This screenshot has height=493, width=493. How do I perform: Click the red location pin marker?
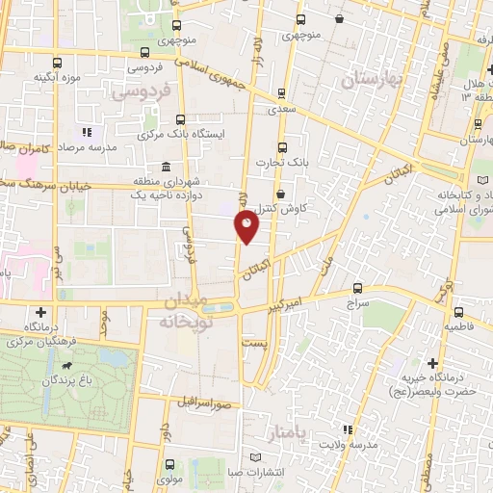[246, 226]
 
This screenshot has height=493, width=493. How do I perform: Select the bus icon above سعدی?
[281, 94]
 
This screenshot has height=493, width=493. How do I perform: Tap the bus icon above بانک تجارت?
[282, 147]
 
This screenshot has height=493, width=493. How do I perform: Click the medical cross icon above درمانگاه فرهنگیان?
[41, 312]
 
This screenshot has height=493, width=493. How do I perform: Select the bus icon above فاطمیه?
[458, 312]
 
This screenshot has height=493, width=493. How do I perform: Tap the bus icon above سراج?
[357, 287]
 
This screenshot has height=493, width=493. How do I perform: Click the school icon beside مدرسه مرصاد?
[86, 132]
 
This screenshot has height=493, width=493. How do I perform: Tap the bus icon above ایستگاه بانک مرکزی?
[181, 119]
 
